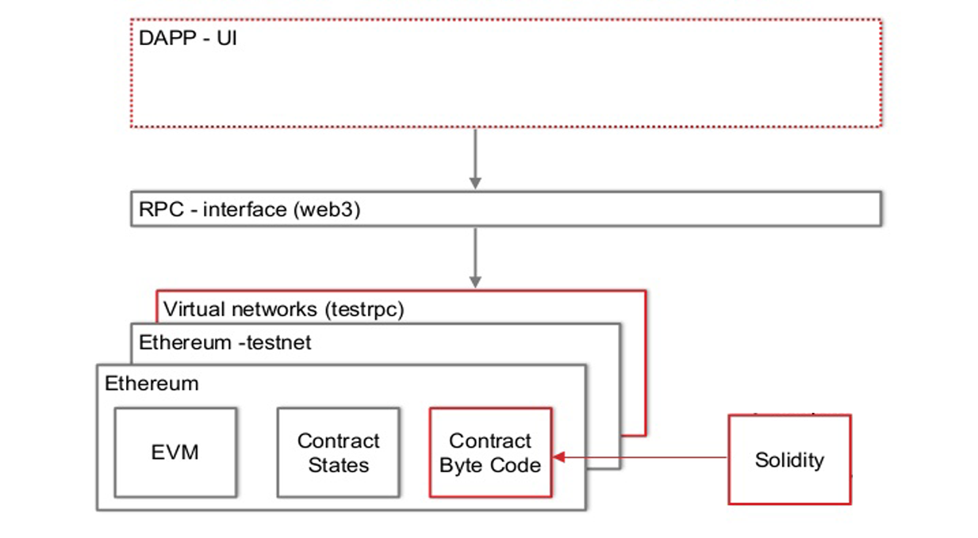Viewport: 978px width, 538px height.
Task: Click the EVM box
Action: pos(175,452)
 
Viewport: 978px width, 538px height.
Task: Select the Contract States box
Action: pos(338,452)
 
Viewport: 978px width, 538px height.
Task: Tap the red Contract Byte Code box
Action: pos(489,452)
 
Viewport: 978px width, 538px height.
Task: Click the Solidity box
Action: pos(789,460)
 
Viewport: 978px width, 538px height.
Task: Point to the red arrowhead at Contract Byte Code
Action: pos(558,457)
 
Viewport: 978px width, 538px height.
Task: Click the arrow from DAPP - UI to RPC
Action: pos(475,158)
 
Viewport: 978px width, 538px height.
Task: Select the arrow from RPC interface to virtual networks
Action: pos(475,258)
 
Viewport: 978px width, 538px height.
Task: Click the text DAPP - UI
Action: pos(188,38)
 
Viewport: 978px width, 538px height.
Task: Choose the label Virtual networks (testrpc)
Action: pos(283,309)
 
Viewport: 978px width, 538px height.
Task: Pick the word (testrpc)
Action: pos(365,309)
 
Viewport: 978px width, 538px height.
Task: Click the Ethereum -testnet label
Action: pos(225,343)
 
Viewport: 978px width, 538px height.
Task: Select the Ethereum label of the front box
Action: pos(151,383)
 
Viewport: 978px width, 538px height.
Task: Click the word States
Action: pos(339,465)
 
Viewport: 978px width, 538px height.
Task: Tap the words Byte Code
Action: pos(489,465)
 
